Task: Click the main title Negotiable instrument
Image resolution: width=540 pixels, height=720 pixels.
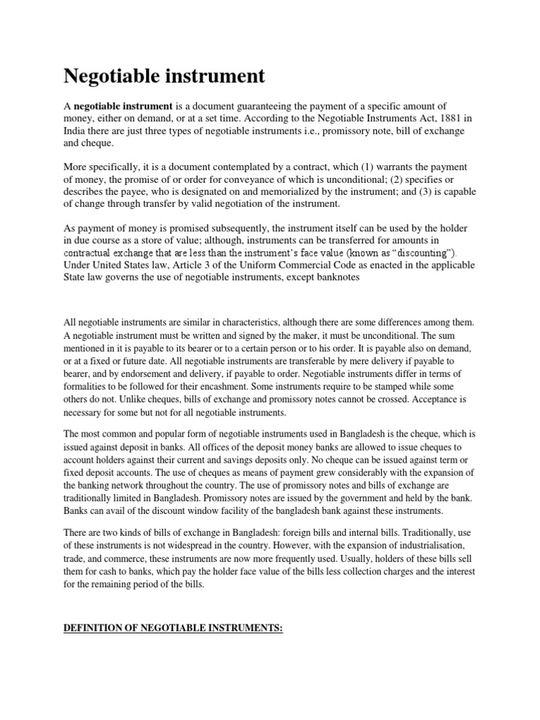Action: coord(165,75)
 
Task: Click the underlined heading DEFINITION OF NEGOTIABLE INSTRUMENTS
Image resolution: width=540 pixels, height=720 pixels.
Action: coord(173,628)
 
